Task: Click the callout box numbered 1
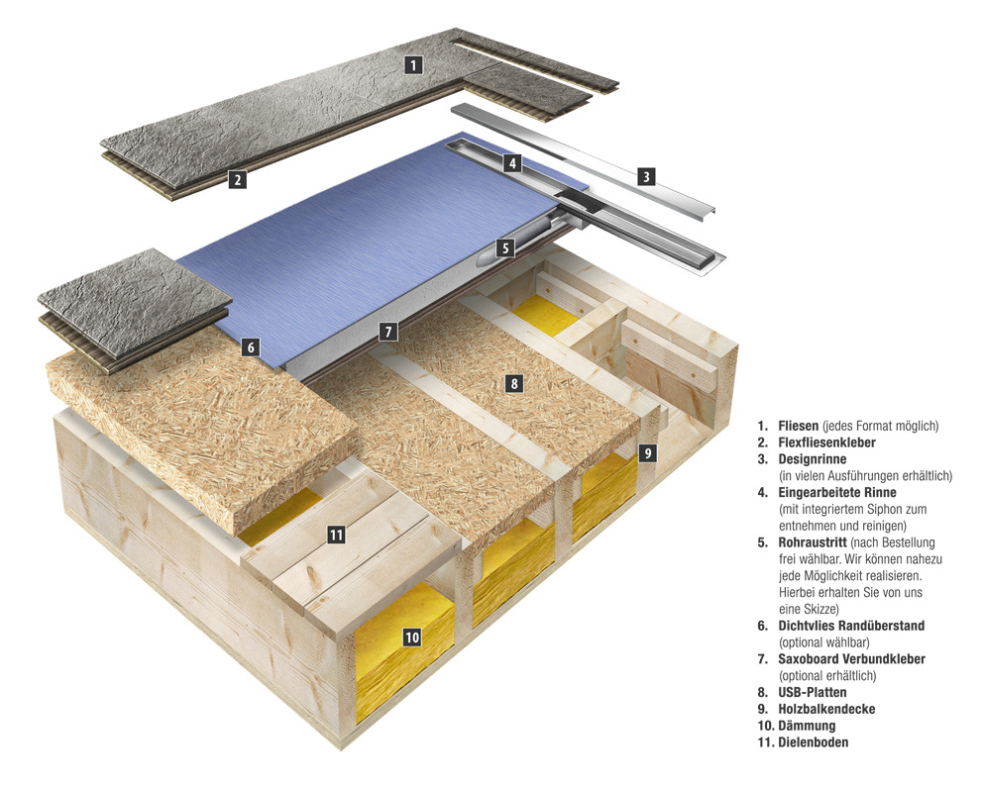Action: click(x=414, y=65)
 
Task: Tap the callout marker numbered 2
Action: click(x=237, y=179)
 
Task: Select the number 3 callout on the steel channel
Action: click(x=646, y=177)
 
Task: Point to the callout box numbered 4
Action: click(x=511, y=163)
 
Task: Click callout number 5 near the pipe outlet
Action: click(x=505, y=247)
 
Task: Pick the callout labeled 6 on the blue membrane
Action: click(x=251, y=346)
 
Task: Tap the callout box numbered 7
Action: click(x=388, y=332)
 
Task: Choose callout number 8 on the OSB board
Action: click(x=513, y=383)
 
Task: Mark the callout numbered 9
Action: click(x=647, y=453)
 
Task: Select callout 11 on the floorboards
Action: click(x=336, y=535)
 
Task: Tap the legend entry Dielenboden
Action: click(x=816, y=741)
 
